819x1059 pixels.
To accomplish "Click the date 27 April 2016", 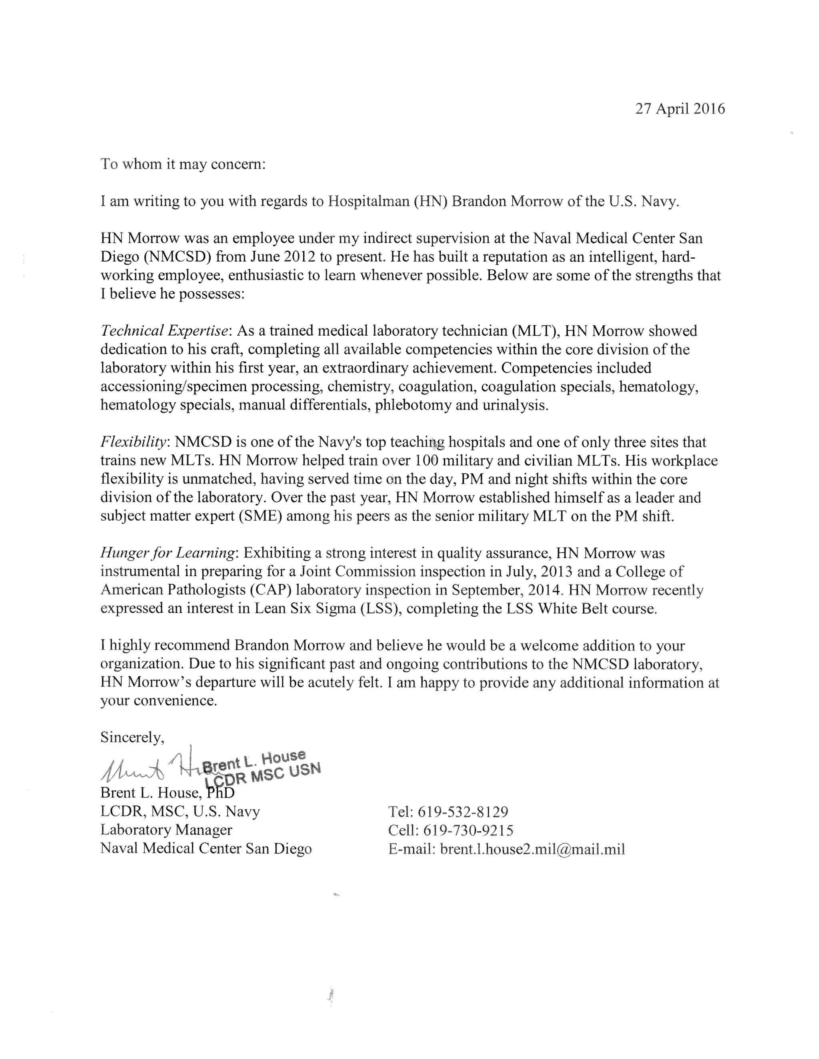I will tap(680, 109).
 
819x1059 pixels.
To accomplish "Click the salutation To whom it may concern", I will tap(183, 164).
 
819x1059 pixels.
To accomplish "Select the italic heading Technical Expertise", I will tap(164, 331).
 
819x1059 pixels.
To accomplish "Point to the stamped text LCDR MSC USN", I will tap(262, 774).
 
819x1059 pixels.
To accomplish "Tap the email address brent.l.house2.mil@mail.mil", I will tap(532, 849).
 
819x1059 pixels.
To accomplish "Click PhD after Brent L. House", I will tap(220, 793).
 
